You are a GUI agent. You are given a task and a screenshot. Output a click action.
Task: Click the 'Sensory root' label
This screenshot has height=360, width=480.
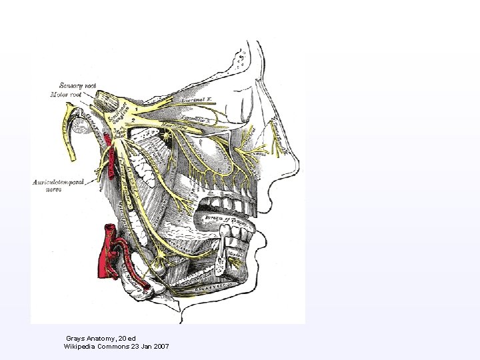click(x=78, y=85)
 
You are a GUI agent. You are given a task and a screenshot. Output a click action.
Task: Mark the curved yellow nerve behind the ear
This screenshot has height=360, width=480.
click(x=69, y=134)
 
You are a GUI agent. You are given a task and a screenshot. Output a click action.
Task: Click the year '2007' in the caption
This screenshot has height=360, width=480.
click(x=160, y=347)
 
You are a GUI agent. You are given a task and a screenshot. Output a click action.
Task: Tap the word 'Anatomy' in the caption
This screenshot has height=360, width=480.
click(x=100, y=339)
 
